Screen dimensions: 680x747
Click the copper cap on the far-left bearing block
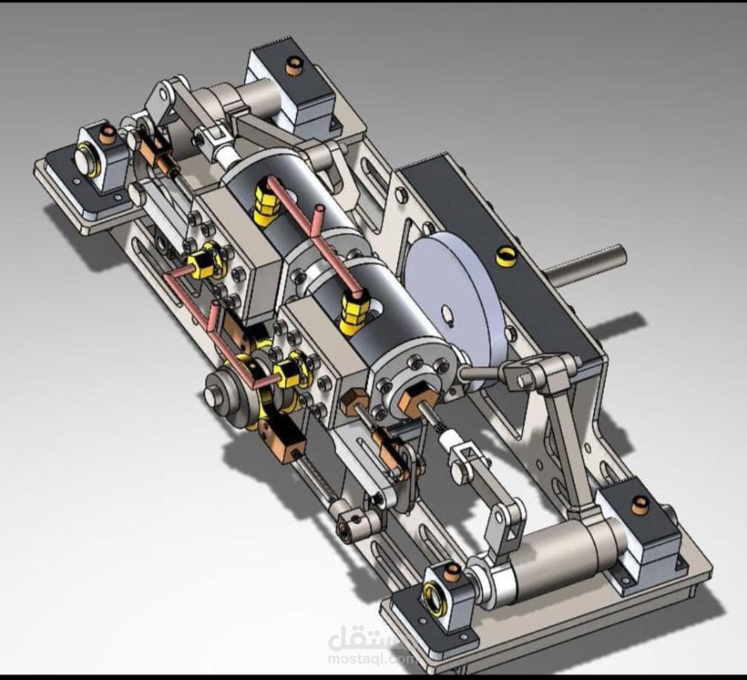tap(109, 133)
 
